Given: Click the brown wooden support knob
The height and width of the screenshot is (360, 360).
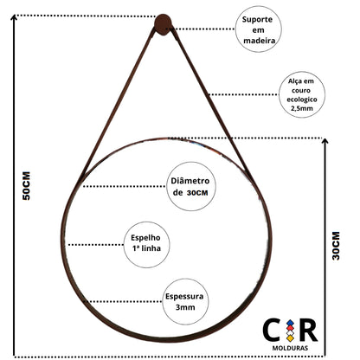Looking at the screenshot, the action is tap(163, 24).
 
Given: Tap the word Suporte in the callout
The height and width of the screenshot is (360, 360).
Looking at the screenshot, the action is tap(257, 20).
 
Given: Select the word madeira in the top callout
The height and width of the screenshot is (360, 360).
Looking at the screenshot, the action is tap(260, 41).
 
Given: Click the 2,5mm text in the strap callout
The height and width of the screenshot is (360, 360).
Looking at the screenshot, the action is tap(301, 108).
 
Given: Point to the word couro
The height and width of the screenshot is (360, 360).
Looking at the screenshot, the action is tap(301, 90).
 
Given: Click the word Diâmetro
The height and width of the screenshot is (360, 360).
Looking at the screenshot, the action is tap(190, 181).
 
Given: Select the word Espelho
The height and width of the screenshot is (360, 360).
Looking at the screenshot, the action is tap(145, 238).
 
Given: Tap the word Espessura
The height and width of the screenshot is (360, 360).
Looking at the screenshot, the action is tap(184, 296).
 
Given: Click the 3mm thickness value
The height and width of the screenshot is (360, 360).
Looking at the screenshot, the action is tap(185, 307).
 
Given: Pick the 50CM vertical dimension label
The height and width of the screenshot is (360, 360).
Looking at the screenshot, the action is tap(26, 186).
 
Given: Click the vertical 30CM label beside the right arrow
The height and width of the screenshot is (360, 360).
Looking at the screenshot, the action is tap(336, 246).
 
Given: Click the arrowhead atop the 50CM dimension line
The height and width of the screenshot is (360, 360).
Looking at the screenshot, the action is tap(14, 17).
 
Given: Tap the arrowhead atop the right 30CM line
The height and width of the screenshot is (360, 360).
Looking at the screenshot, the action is tap(325, 141).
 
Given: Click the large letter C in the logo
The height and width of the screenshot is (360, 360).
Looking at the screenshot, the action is tap(272, 330).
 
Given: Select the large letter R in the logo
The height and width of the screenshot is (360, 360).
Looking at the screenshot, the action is tap(308, 330).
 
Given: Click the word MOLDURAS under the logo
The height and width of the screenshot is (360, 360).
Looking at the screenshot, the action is tap(290, 348).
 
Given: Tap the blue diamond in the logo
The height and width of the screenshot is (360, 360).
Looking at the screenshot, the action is tap(290, 323).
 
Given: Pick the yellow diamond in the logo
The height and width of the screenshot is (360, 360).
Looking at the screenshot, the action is tap(290, 338).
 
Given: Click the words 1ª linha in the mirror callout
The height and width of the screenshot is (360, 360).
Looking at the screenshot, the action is tap(146, 248).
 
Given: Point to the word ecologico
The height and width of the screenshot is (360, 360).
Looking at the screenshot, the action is tap(302, 100).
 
